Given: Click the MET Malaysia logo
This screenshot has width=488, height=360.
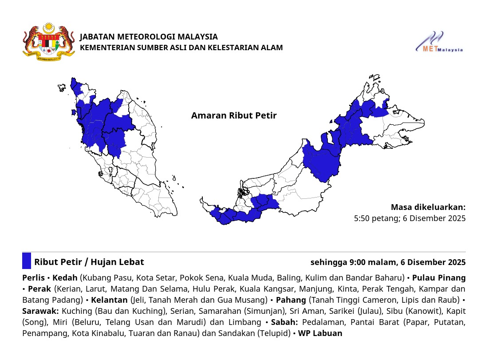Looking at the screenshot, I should click(x=439, y=43).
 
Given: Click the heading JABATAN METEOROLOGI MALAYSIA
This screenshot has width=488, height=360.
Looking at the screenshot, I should click(x=149, y=37).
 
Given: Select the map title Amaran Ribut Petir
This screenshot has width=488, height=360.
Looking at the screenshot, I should click(x=234, y=116).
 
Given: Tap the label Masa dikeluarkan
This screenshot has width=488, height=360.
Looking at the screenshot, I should click(x=428, y=207).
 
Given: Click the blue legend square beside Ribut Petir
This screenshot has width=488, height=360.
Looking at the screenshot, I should click(x=27, y=261).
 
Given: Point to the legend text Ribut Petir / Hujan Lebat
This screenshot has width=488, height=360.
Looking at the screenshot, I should click(x=89, y=262).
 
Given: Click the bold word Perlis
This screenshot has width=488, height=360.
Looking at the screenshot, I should click(x=33, y=278).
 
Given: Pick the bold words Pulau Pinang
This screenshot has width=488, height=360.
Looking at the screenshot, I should click(x=439, y=278).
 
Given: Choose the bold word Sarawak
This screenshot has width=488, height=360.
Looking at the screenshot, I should click(x=40, y=311).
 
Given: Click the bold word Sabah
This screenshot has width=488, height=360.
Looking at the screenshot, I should click(x=284, y=322).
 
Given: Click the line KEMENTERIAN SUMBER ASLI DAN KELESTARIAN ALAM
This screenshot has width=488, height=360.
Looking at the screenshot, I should click(x=181, y=47).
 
